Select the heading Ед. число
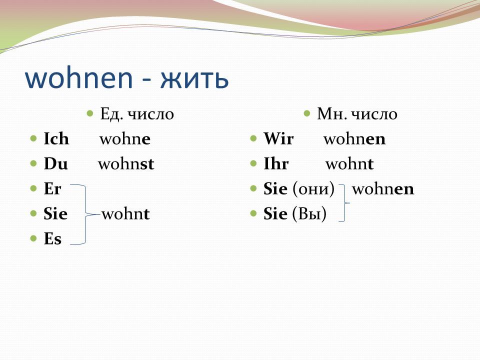click(x=137, y=114)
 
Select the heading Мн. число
click(x=357, y=114)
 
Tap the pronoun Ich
click(x=56, y=138)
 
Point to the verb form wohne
click(x=125, y=139)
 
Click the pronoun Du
click(x=55, y=163)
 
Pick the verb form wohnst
click(x=126, y=164)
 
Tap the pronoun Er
click(x=52, y=188)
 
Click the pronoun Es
click(x=52, y=239)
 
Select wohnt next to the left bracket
click(x=126, y=213)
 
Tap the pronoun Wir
click(x=278, y=138)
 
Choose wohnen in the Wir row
click(x=354, y=139)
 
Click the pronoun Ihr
click(x=276, y=163)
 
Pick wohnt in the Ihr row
click(x=349, y=164)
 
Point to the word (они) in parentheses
click(x=313, y=189)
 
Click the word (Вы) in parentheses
click(x=309, y=214)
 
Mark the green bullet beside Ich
click(x=33, y=138)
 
